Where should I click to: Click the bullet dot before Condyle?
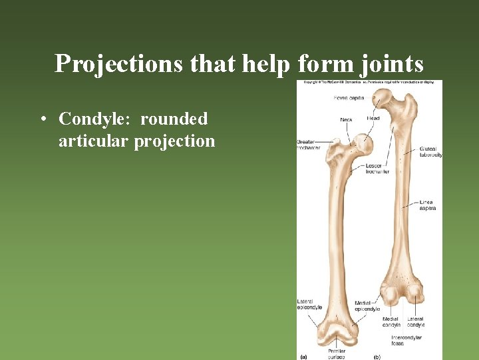click(x=43, y=120)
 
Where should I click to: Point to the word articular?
click(x=93, y=141)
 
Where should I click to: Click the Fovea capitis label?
click(x=349, y=98)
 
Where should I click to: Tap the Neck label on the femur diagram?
click(x=346, y=120)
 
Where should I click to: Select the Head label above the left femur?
click(x=373, y=118)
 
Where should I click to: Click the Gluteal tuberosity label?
click(x=430, y=151)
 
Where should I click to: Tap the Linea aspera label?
click(x=428, y=205)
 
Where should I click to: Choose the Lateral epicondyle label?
click(x=309, y=304)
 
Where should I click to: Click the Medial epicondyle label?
click(x=367, y=306)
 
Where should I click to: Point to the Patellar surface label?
click(x=336, y=353)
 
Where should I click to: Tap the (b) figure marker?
click(x=377, y=355)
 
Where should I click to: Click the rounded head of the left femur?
click(x=362, y=142)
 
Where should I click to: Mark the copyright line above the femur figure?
click(x=369, y=83)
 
